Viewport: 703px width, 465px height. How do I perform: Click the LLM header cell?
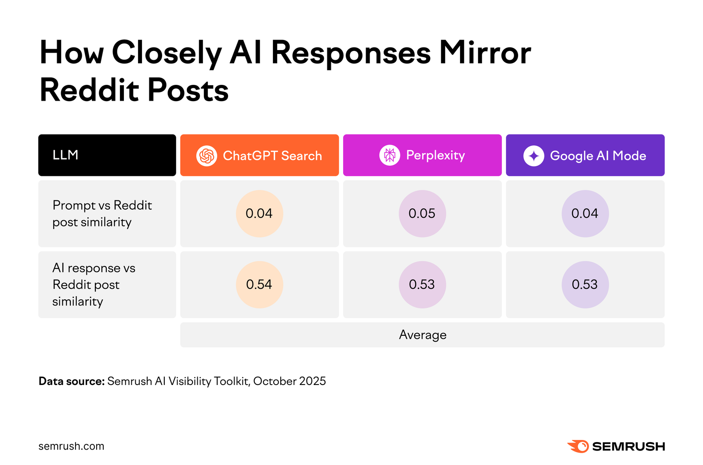[107, 155]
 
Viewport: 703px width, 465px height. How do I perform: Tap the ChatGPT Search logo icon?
[207, 156]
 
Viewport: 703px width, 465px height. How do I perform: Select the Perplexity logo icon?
[389, 155]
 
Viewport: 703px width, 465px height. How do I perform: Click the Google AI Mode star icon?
[533, 156]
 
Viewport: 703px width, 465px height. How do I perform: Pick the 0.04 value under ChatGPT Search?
[259, 214]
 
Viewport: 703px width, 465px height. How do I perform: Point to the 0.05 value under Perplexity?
[422, 214]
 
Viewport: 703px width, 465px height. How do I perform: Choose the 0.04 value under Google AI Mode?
[585, 214]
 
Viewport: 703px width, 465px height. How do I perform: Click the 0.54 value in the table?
[259, 285]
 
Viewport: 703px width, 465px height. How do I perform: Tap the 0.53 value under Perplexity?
[422, 285]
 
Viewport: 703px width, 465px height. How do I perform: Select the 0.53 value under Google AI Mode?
[585, 285]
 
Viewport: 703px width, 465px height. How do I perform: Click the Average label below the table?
[422, 335]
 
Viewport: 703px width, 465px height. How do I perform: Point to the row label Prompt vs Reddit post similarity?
[102, 214]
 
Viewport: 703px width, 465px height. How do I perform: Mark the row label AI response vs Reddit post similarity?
[94, 285]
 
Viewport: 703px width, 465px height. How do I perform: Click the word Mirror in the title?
[485, 53]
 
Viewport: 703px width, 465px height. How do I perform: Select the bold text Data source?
[72, 381]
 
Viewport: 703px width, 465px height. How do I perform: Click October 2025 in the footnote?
[290, 381]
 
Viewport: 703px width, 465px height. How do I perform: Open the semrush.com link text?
[72, 446]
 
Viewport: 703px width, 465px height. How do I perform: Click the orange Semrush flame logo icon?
[578, 446]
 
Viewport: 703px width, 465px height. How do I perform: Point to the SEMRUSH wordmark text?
[628, 447]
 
